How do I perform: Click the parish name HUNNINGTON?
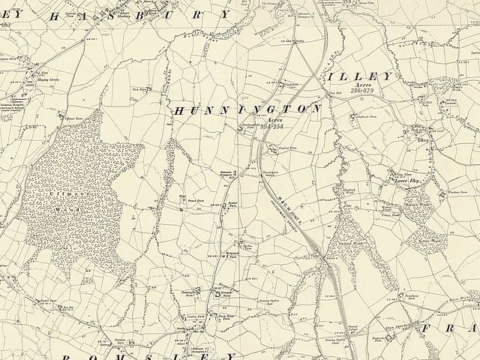tap(247, 109)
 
